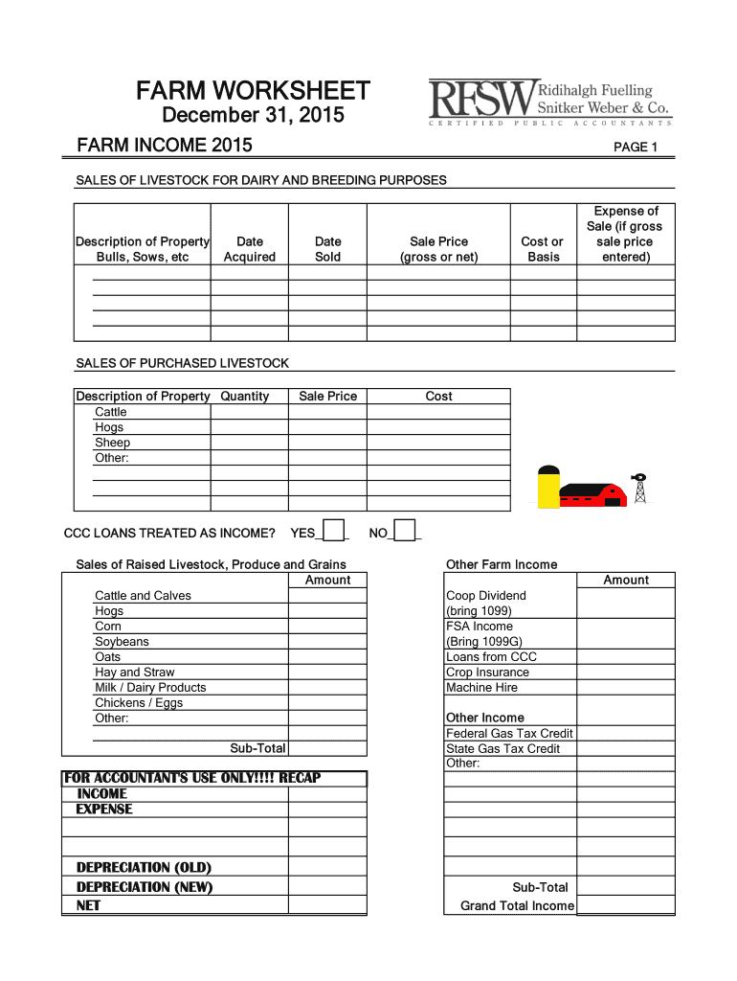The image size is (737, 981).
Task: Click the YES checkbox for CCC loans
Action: (333, 531)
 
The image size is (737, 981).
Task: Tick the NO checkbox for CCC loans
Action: (405, 531)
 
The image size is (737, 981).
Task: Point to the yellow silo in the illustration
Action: (548, 488)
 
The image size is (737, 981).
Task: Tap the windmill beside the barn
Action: (639, 488)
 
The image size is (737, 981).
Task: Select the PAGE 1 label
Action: (636, 148)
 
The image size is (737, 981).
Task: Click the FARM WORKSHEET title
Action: (253, 91)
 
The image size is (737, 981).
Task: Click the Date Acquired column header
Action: (249, 249)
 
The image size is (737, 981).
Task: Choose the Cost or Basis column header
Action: (542, 249)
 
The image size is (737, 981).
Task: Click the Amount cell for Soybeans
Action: (327, 642)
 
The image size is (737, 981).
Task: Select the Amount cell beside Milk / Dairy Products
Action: (327, 688)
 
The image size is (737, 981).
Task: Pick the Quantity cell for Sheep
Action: (249, 443)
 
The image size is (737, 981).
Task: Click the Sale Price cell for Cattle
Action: (327, 412)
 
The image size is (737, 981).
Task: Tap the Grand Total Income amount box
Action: (626, 905)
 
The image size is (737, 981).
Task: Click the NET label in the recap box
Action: (88, 905)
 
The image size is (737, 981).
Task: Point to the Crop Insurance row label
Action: (487, 673)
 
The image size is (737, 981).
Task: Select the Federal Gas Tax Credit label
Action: (509, 734)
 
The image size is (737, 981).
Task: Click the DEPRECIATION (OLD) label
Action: (144, 868)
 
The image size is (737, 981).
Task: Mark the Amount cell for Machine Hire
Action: (626, 688)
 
